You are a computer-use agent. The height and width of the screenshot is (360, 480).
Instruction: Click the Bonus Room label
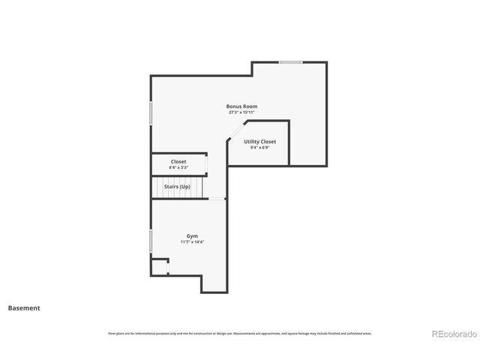242,106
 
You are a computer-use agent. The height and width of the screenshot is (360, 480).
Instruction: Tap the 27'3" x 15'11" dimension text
242,112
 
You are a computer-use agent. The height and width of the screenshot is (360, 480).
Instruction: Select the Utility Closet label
259,142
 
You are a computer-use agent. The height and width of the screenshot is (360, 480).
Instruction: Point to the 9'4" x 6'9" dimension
259,148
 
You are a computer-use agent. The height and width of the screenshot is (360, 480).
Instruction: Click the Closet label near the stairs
178,161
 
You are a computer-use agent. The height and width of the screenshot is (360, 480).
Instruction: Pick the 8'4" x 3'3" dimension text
178,167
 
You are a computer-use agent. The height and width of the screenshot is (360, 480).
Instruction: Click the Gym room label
193,236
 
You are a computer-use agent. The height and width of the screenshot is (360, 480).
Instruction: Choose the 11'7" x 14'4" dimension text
193,242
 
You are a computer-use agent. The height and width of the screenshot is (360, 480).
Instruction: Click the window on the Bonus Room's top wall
291,62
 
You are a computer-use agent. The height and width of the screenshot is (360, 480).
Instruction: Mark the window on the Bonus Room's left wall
151,112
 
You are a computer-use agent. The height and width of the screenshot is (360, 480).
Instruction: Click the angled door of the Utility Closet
236,131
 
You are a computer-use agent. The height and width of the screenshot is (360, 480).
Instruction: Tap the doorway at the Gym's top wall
217,199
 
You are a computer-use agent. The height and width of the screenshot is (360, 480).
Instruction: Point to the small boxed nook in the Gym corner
160,267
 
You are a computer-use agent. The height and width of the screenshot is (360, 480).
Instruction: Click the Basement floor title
24,308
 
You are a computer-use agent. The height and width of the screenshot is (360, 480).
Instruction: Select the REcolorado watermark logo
453,334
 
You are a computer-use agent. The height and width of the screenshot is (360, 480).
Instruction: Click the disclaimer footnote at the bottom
240,333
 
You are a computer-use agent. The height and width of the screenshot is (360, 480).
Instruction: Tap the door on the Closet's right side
207,164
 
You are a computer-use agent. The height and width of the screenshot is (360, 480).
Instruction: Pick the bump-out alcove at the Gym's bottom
214,283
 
